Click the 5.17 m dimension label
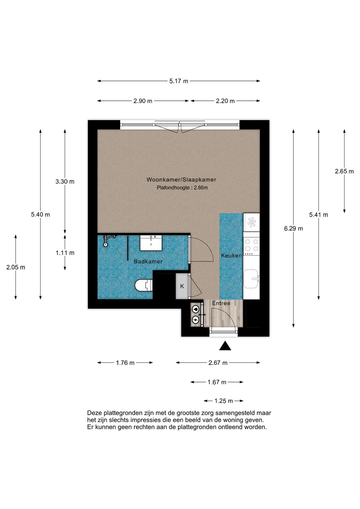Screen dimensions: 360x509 click(179, 81)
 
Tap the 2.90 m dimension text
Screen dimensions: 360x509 click(143, 101)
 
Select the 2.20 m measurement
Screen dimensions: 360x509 click(225, 101)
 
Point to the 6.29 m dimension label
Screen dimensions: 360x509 click(293, 228)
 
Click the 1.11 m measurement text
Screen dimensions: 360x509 click(65, 253)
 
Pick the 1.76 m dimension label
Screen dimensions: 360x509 click(125, 363)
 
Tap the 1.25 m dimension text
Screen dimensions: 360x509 click(223, 401)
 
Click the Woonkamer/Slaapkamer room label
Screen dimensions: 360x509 click(181, 179)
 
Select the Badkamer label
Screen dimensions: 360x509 click(148, 262)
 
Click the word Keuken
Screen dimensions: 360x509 click(231, 256)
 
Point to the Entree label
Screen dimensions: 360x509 click(221, 303)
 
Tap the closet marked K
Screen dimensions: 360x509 click(182, 286)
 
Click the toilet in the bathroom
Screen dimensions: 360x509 click(144, 285)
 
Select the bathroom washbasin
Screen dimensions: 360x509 click(151, 243)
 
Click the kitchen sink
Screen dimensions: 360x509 click(251, 279)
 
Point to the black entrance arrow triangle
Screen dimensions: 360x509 click(225, 346)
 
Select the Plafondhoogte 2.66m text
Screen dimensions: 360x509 click(182, 188)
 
